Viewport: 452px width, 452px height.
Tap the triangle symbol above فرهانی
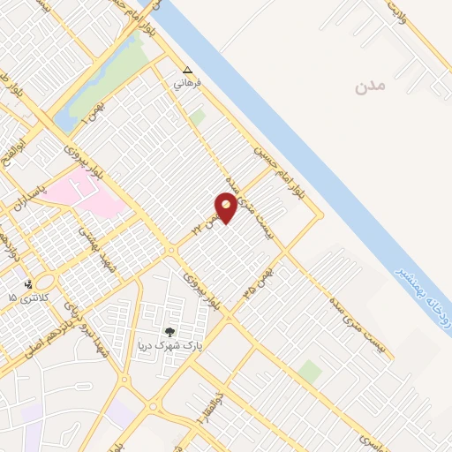coord(187,70)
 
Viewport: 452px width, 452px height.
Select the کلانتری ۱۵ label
coord(26,298)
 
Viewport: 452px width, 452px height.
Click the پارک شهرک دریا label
coord(169,345)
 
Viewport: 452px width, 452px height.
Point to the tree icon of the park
coord(169,332)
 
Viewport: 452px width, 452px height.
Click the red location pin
coord(227,208)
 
